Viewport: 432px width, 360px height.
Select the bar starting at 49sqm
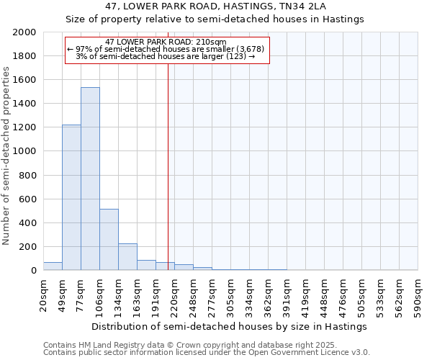click(71, 197)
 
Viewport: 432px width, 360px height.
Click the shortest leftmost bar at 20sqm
click(53, 266)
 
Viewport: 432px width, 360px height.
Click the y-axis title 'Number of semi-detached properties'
click(7, 156)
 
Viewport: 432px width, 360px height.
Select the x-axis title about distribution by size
click(230, 326)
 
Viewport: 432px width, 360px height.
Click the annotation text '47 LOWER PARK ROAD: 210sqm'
click(166, 42)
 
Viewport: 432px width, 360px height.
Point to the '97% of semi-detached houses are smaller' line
click(166, 49)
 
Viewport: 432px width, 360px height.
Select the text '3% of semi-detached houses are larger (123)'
click(166, 56)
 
